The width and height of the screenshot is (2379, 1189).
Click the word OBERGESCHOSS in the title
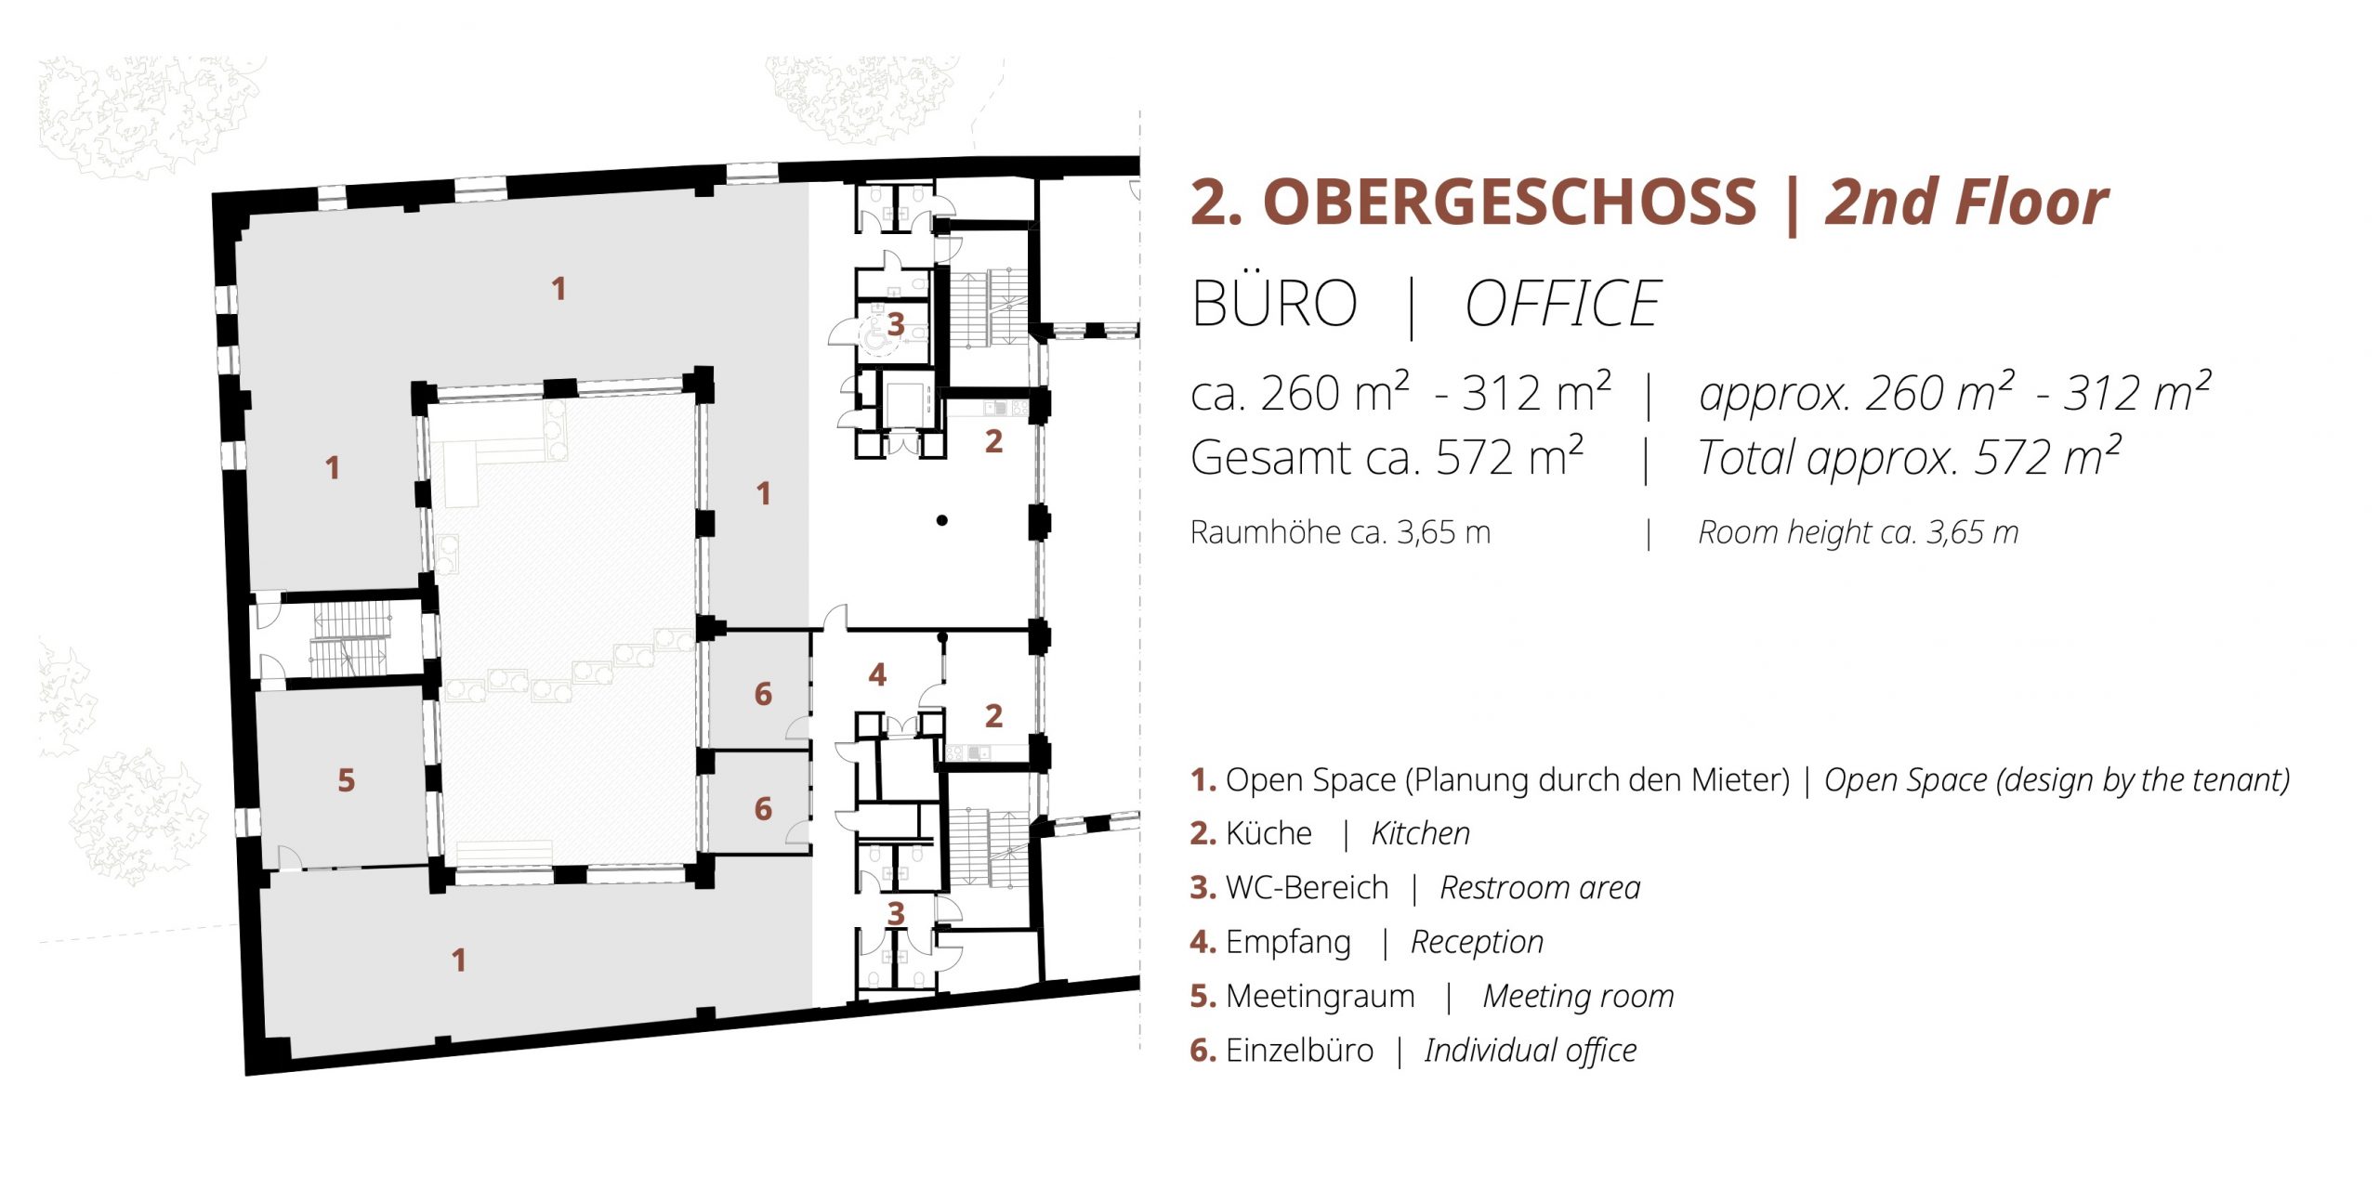click(1510, 202)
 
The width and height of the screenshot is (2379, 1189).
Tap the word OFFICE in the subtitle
click(1563, 304)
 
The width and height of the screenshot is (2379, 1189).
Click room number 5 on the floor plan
click(347, 780)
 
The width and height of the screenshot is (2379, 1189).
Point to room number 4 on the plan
click(877, 674)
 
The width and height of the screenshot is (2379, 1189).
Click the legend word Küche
click(1268, 833)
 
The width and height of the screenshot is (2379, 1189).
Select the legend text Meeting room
click(1578, 996)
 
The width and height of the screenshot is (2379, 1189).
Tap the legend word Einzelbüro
click(1299, 1050)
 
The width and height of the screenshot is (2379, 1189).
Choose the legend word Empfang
click(1288, 942)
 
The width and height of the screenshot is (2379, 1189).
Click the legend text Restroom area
click(1540, 887)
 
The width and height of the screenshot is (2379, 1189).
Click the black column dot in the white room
click(941, 520)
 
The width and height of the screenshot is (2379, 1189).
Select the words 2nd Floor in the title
click(1966, 202)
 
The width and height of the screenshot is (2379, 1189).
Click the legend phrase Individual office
click(1531, 1050)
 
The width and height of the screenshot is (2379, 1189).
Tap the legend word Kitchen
click(1421, 833)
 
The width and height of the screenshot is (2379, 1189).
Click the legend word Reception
click(1477, 942)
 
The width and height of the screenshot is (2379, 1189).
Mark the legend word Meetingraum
click(1321, 996)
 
